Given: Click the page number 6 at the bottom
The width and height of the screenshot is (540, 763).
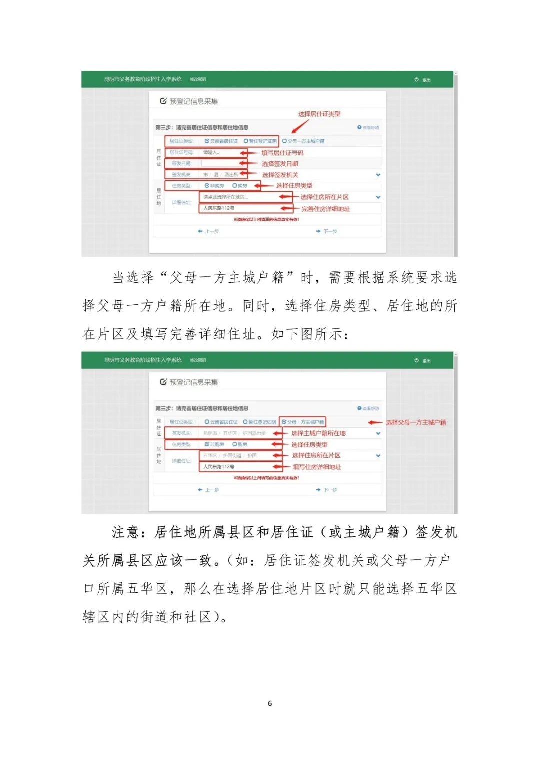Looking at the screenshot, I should (270, 703).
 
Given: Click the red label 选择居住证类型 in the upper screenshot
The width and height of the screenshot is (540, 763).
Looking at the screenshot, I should (319, 114).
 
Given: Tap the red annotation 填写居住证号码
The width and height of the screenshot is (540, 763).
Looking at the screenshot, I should (282, 153).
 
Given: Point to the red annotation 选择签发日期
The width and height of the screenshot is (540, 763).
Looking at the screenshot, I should (280, 164).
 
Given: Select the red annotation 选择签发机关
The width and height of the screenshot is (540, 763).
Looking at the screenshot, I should (280, 175).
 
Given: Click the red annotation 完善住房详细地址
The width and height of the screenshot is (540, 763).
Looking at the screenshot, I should (325, 209).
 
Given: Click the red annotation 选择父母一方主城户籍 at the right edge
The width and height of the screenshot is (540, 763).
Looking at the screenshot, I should (415, 422).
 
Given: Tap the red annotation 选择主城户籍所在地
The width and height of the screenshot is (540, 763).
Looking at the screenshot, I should (318, 433).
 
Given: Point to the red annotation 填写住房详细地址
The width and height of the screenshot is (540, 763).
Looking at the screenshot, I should (317, 467).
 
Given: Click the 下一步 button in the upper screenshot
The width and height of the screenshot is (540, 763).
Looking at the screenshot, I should (327, 231).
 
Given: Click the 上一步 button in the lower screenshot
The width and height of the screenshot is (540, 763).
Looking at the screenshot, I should (208, 490).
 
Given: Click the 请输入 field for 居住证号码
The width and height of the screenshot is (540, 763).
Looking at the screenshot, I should (220, 153).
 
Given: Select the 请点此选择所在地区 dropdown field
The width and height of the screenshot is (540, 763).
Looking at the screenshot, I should (240, 197).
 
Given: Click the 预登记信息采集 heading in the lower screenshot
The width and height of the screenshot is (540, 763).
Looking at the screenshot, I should (193, 382).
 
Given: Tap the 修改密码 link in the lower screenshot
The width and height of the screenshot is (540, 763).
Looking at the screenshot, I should (198, 360).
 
